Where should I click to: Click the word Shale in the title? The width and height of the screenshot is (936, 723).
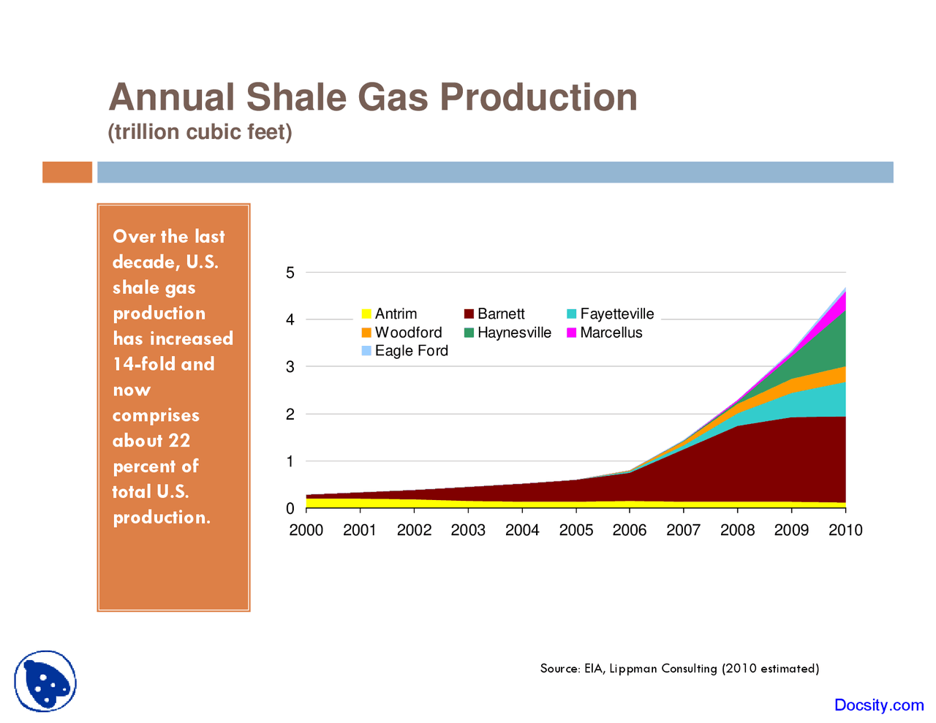(297, 97)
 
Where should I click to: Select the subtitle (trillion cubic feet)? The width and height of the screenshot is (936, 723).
(200, 132)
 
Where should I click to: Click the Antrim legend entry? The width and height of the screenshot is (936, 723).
(389, 314)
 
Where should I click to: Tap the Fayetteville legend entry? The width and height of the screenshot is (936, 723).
(610, 314)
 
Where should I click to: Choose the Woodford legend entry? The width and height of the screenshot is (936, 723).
(401, 333)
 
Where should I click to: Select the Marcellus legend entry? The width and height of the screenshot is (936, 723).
(604, 333)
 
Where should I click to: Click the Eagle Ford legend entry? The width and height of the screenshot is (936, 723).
(404, 351)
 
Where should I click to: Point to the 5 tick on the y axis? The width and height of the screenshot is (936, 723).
(290, 273)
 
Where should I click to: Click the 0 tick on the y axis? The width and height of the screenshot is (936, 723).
(290, 508)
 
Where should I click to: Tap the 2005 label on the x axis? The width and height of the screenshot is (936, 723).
(576, 530)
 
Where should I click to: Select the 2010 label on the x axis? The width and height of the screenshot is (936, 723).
(845, 530)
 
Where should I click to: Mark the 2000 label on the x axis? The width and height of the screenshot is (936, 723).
(306, 530)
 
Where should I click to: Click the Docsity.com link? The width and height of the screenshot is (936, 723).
(878, 705)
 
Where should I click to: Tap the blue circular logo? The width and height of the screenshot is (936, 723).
(45, 681)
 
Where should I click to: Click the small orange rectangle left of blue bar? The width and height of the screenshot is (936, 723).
(67, 172)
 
